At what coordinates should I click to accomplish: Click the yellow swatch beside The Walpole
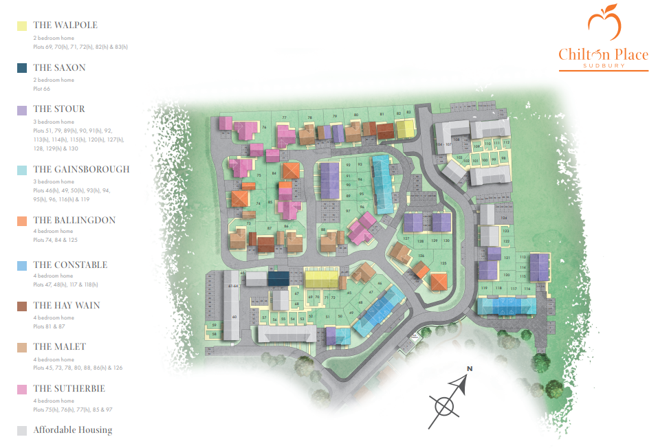point(22,25)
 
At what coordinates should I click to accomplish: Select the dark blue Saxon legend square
point(22,68)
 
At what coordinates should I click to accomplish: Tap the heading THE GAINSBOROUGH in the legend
point(81,169)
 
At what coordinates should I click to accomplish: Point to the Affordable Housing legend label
point(72,430)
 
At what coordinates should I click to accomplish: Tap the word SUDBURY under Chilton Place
point(603,66)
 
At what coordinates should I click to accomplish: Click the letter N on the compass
point(470,369)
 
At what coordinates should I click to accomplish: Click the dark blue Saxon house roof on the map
point(278,278)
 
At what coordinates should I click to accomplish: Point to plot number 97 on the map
point(348,211)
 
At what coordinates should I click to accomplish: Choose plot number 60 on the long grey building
point(234,317)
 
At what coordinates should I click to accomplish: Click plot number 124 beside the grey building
point(504,219)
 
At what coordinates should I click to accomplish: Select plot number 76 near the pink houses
point(264,128)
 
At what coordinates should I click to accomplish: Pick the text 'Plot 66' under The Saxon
point(42,89)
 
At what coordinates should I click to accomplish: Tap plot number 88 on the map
point(323,229)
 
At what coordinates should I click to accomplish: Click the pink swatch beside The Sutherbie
point(22,389)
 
